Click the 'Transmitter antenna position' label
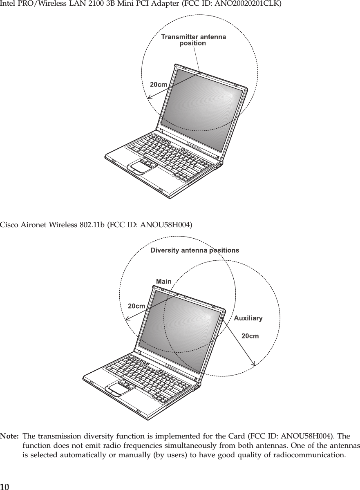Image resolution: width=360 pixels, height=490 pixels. click(x=193, y=40)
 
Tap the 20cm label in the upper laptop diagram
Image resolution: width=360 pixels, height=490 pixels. click(x=158, y=85)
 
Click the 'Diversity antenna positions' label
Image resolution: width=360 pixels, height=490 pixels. click(x=195, y=250)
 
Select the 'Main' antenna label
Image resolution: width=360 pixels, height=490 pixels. click(x=164, y=281)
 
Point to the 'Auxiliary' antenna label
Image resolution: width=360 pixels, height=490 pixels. click(x=248, y=318)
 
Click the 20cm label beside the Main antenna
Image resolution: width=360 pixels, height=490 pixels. click(x=137, y=305)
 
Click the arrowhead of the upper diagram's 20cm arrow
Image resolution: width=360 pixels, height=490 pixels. click(x=149, y=97)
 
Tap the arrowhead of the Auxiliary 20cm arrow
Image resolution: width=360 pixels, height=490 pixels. click(x=254, y=363)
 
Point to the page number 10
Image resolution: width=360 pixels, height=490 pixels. click(x=4, y=486)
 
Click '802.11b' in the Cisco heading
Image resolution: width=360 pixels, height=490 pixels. click(x=93, y=224)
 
